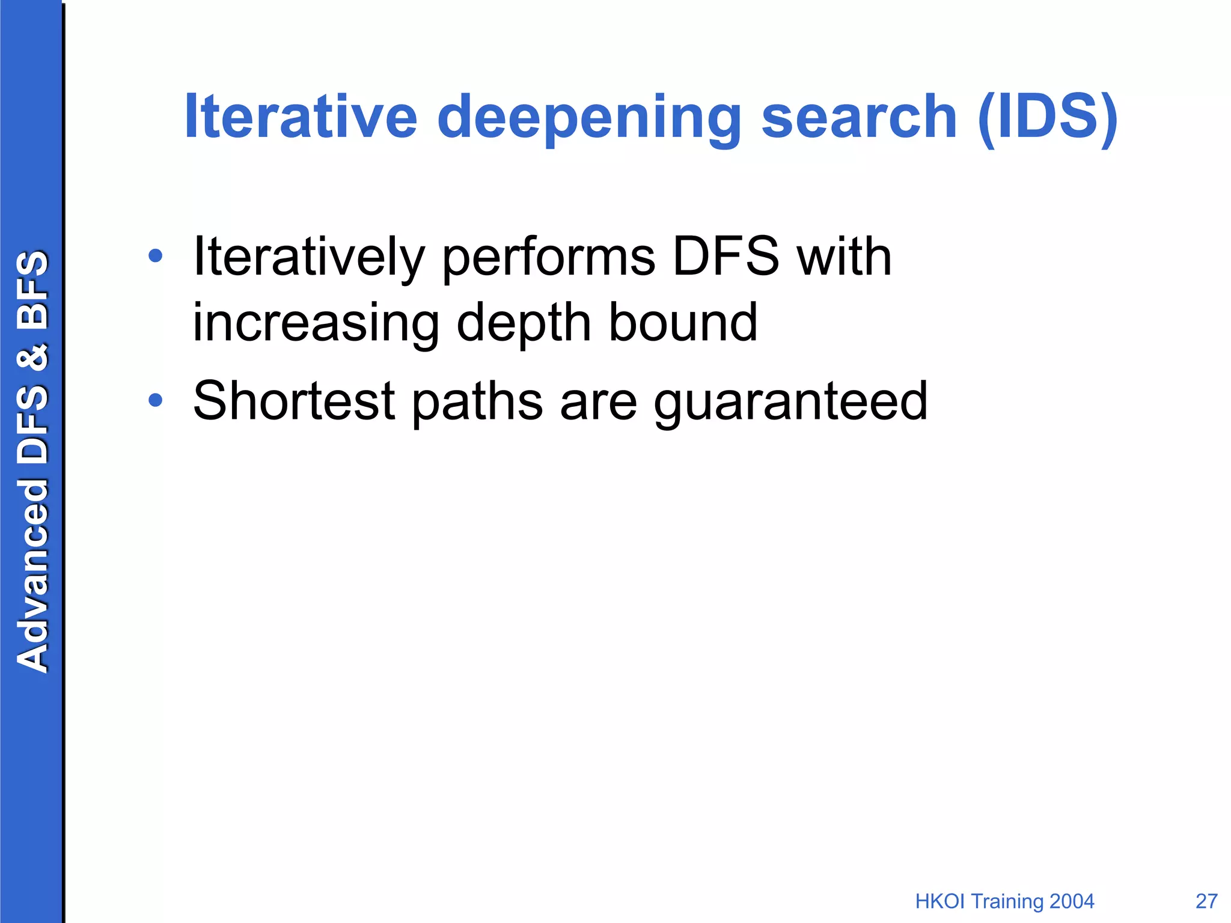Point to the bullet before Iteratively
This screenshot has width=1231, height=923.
click(x=155, y=257)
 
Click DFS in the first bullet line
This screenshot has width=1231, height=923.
click(x=725, y=257)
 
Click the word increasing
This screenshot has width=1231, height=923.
click(x=316, y=323)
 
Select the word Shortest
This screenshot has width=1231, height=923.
click(x=294, y=401)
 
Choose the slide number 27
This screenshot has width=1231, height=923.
click(x=1206, y=901)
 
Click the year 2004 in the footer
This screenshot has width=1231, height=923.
click(x=1072, y=901)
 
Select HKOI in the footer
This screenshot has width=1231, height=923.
click(x=941, y=901)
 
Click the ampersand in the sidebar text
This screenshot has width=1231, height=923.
click(x=32, y=357)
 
